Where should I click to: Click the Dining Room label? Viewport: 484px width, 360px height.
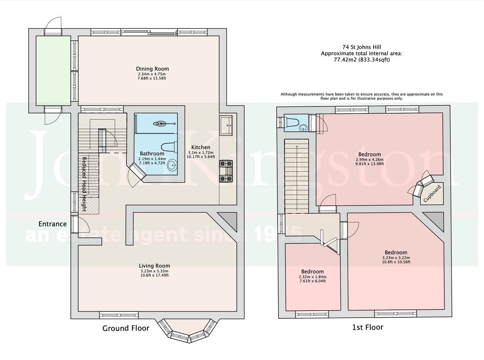point(152,69)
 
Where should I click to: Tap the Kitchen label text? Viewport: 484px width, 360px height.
point(200,147)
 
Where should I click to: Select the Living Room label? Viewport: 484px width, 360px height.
point(155,266)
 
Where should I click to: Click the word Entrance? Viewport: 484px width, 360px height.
point(52,224)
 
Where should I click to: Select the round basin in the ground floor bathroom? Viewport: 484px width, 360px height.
point(172,166)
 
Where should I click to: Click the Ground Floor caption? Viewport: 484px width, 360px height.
point(125,328)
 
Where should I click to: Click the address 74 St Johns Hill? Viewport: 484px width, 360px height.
point(361,47)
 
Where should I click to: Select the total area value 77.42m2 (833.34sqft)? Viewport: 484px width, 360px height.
point(361,60)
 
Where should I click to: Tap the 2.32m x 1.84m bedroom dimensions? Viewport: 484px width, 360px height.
point(312,277)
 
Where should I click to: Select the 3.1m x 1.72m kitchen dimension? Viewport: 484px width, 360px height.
point(200,152)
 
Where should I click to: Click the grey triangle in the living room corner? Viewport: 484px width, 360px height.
point(230,221)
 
